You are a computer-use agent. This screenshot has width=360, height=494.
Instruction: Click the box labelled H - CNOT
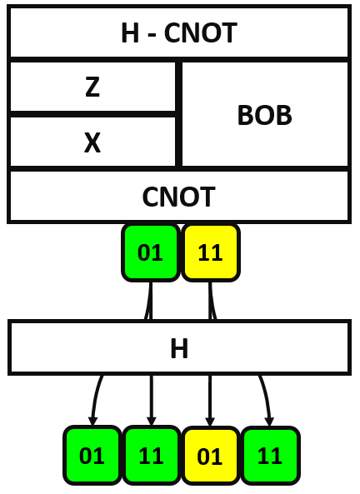178,33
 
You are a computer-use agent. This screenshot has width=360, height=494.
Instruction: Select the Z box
92,87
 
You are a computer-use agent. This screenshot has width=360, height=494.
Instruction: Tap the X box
92,142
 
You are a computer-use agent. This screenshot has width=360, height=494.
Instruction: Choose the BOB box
265,115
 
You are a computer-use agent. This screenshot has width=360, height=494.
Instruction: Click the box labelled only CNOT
178,197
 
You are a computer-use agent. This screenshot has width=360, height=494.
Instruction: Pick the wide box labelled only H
178,347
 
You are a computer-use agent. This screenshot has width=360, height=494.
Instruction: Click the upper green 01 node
151,252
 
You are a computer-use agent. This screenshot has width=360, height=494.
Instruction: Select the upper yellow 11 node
211,252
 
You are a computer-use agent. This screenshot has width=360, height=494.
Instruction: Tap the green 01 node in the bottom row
92,456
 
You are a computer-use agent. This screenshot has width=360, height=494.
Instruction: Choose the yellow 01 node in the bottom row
211,456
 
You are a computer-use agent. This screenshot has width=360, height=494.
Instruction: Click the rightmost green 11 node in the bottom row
270,456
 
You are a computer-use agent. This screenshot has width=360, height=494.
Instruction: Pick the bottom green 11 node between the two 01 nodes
151,456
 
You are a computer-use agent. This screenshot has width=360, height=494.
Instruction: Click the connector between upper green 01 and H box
150,301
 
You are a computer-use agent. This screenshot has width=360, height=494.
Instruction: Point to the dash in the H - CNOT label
152,34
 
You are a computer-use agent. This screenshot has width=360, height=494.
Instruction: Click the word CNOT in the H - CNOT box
201,34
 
